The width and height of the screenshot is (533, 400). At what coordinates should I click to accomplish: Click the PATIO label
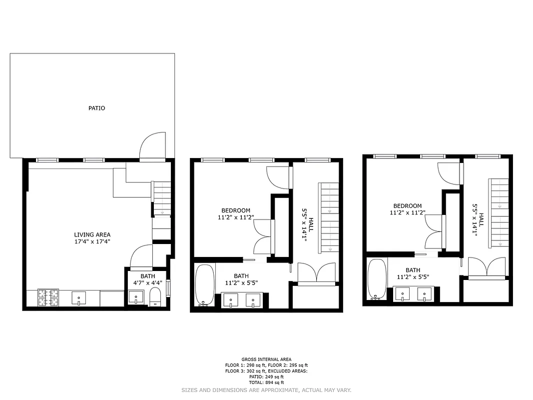click(97, 108)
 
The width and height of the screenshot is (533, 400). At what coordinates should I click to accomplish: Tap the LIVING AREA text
click(92, 234)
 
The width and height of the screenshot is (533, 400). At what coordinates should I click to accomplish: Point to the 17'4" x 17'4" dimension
click(92, 241)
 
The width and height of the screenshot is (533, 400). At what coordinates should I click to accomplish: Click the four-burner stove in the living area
click(48, 298)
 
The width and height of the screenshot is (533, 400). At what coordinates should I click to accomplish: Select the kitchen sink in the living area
click(79, 298)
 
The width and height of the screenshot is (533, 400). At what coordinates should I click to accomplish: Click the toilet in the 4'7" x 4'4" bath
click(155, 297)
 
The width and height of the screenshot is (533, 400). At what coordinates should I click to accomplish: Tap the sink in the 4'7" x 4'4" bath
click(136, 297)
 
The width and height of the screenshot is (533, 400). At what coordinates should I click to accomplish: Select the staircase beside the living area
click(161, 198)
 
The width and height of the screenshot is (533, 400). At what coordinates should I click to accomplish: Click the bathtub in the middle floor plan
click(205, 285)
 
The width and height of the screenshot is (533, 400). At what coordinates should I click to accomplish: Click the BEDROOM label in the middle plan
click(236, 210)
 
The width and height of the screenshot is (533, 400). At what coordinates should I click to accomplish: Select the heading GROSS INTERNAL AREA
click(266, 359)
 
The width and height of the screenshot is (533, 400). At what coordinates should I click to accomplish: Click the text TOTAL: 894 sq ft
click(266, 382)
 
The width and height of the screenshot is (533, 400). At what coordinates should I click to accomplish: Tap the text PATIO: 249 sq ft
click(266, 376)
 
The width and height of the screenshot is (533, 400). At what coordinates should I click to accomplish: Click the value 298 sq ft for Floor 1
click(257, 365)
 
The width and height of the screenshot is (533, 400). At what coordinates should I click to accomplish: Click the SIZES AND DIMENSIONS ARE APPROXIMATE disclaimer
click(266, 389)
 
